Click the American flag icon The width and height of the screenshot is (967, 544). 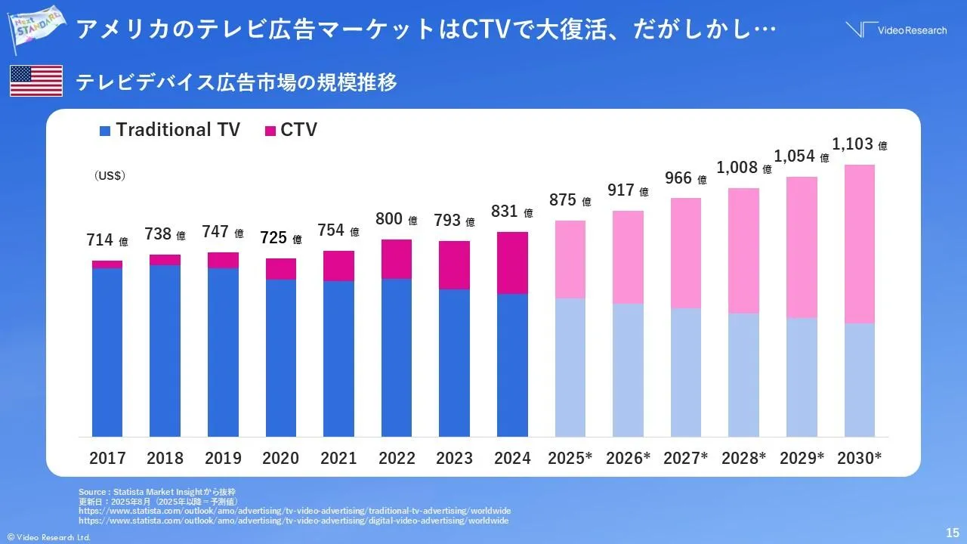coord(36,81)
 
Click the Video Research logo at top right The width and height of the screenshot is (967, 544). coord(896,30)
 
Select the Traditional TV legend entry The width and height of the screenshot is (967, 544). coord(169,130)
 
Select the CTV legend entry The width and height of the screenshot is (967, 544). coord(291,130)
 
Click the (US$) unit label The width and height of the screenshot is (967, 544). coord(110,175)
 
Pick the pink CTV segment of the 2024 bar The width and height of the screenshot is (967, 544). coord(512,262)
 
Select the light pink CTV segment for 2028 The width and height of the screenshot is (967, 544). coord(743,250)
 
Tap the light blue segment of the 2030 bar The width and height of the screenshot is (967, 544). coord(859,379)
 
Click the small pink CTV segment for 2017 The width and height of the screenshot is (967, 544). coord(107,264)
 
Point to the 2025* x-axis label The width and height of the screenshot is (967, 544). coord(570,458)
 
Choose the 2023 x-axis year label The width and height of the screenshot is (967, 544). coord(454,458)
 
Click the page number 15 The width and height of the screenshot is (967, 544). coord(952,531)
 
